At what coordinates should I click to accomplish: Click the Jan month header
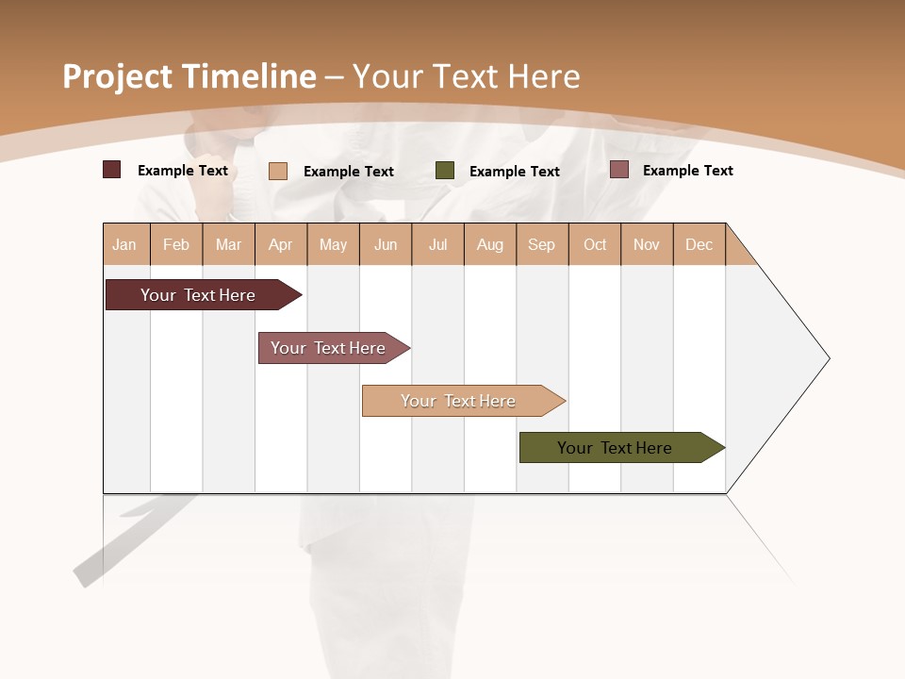(x=124, y=244)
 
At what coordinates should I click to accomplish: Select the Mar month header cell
(x=228, y=244)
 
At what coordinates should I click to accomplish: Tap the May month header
(x=333, y=244)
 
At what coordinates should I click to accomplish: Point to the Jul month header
(x=437, y=244)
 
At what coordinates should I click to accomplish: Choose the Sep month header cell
(x=541, y=244)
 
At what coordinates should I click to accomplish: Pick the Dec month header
(x=699, y=244)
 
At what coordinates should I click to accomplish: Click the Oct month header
(x=595, y=244)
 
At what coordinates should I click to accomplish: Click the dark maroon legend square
(x=112, y=170)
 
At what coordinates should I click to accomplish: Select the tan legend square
(x=278, y=171)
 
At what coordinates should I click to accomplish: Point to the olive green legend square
(x=445, y=171)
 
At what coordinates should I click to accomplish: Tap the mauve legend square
(x=619, y=170)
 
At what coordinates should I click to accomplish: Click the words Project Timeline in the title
(x=189, y=76)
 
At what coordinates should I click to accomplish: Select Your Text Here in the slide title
(x=466, y=76)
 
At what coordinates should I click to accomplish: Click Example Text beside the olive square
(x=515, y=172)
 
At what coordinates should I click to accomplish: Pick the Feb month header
(x=176, y=244)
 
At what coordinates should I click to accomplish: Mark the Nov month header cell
(x=647, y=244)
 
